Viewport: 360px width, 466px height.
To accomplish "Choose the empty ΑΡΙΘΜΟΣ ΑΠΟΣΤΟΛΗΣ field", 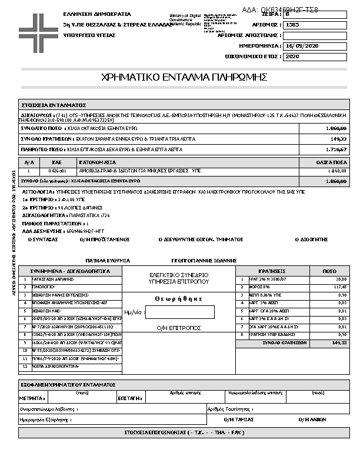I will click(x=315, y=35).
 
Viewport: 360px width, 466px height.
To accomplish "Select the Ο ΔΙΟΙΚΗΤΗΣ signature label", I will click(x=311, y=240).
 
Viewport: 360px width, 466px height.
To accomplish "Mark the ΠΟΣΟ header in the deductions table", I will click(x=330, y=271).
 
